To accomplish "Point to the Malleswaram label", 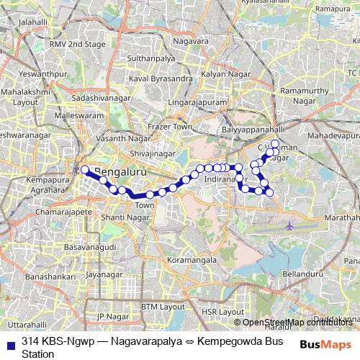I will click(x=74, y=114).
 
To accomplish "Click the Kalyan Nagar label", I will click(x=219, y=74).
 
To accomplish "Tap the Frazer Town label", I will click(x=167, y=127).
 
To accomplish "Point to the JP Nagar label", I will click(x=112, y=315).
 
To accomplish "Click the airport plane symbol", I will click(x=290, y=226).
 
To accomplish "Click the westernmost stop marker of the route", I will click(x=85, y=170).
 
